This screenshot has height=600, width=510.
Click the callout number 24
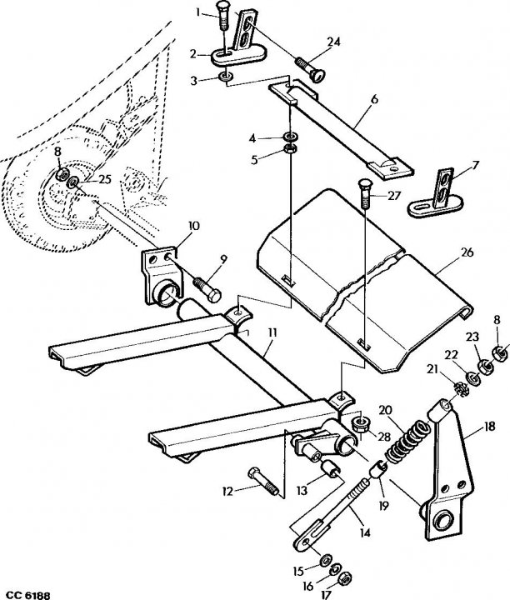333,42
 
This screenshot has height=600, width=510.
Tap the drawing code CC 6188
25,595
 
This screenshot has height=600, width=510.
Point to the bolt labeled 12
263,481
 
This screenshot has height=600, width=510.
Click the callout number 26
467,252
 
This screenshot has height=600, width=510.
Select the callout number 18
488,426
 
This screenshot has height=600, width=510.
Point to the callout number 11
272,332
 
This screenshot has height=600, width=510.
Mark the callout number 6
374,99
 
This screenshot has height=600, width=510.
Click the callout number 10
193,226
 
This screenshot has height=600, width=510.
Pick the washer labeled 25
73,182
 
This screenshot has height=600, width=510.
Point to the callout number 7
475,165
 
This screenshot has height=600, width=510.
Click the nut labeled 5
290,149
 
